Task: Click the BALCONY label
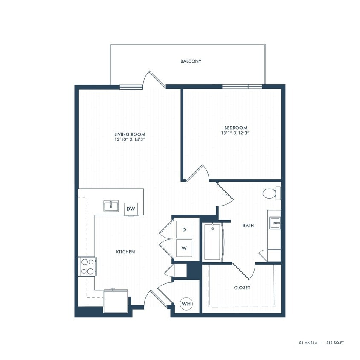click(191, 61)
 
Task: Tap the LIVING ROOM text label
click(127, 134)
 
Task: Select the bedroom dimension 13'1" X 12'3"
click(236, 133)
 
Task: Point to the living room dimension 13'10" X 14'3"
click(127, 140)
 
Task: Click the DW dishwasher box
click(131, 209)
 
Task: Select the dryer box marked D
click(184, 230)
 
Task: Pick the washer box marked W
click(184, 248)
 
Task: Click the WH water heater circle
click(186, 304)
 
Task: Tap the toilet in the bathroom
click(270, 194)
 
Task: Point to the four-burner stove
click(87, 267)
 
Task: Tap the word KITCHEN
click(125, 252)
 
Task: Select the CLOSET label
click(242, 288)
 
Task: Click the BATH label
click(248, 226)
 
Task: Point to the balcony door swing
click(154, 79)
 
